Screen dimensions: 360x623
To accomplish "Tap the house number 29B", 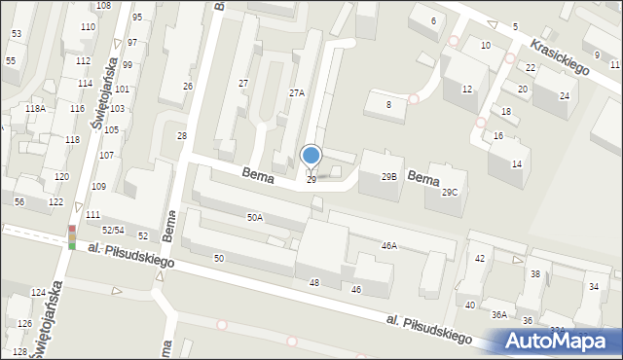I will tap(388, 177).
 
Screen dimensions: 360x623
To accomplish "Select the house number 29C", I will tap(449, 193).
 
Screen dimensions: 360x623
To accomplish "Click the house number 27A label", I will tap(297, 93).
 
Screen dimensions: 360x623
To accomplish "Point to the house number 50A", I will tap(255, 218).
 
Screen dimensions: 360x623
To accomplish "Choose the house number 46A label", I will tap(389, 247).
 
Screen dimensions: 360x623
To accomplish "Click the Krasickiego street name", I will tap(561, 58).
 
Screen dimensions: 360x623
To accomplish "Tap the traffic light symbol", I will tap(72, 237).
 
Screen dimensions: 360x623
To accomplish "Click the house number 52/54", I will tap(113, 231).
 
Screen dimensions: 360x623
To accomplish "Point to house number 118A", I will tap(35, 109).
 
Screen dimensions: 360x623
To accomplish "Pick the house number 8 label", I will tap(388, 104).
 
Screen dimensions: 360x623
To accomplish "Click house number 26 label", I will tap(188, 87).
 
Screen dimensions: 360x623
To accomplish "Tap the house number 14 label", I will tap(517, 163).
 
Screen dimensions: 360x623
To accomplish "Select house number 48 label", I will tap(314, 282).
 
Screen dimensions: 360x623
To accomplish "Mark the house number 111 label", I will tap(92, 215).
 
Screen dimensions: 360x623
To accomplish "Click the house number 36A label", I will tap(499, 314).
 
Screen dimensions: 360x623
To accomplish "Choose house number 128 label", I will tap(20, 351).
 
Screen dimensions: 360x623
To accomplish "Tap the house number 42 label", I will tap(479, 259).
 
